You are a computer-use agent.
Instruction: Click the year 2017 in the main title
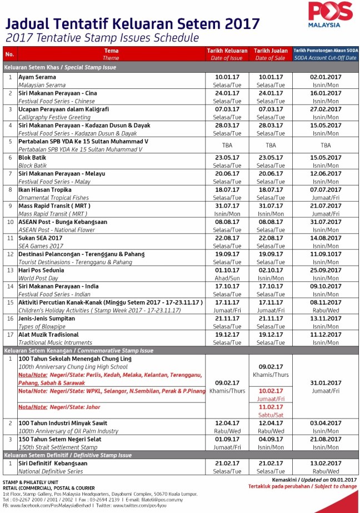[240, 24]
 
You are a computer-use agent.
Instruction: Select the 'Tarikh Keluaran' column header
[227, 51]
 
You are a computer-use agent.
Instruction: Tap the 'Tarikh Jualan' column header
[271, 51]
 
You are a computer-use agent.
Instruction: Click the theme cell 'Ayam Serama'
[37, 77]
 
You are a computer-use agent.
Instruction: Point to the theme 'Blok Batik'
[32, 158]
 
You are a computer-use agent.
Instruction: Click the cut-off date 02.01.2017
[325, 77]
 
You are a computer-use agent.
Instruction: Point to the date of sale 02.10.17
[271, 270]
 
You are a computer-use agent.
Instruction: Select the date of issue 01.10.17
[227, 270]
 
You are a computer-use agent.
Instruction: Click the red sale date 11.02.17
[271, 407]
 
